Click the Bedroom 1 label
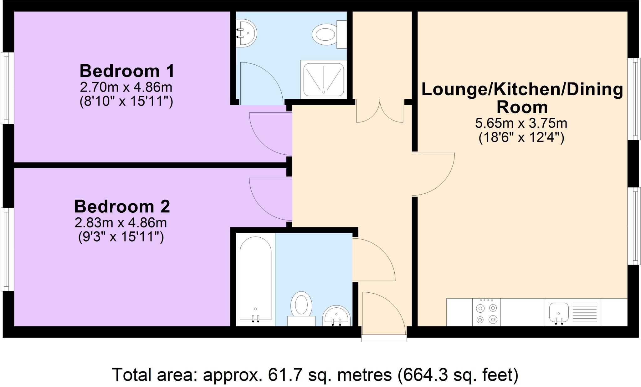tap(127, 71)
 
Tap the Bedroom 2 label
tap(122, 207)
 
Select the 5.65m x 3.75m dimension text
tap(521, 123)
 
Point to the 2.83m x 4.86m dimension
tap(121, 223)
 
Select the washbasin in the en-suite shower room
tap(247, 33)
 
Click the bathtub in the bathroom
tap(255, 278)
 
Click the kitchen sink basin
tap(559, 312)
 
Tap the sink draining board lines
tap(585, 312)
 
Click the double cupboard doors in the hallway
tap(380, 112)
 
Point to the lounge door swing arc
tap(433, 174)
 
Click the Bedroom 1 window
tap(7, 88)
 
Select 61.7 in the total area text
tap(280, 375)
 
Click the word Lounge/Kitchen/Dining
tap(522, 89)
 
